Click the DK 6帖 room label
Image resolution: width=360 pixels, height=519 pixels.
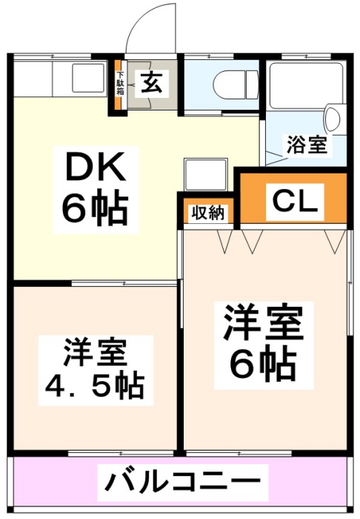pyautogui.click(x=96, y=190)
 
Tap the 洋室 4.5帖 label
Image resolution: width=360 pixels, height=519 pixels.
pyautogui.click(x=96, y=370)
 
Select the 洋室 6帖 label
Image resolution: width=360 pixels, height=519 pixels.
pyautogui.click(x=263, y=345)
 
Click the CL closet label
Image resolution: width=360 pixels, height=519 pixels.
pyautogui.click(x=295, y=202)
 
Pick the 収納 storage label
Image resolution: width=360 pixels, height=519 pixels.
pyautogui.click(x=208, y=213)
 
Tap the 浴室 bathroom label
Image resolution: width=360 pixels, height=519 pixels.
pyautogui.click(x=307, y=145)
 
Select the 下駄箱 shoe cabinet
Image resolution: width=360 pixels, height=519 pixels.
pyautogui.click(x=121, y=85)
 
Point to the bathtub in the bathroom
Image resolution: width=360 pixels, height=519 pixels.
pyautogui.click(x=306, y=85)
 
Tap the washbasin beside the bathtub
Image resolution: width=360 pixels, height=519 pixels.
pyautogui.click(x=333, y=118)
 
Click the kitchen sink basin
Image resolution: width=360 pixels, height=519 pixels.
pyautogui.click(x=89, y=78)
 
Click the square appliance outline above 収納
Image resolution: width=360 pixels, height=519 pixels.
pyautogui.click(x=206, y=174)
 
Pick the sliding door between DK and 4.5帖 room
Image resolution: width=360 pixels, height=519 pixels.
pyautogui.click(x=124, y=284)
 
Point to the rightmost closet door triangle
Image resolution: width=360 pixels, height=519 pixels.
pyautogui.click(x=335, y=241)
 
